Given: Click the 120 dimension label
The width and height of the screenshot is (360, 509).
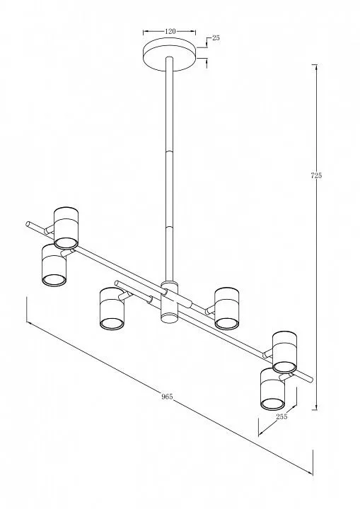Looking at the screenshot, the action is point(170,31).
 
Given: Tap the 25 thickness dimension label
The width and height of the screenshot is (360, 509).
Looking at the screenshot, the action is point(216,37).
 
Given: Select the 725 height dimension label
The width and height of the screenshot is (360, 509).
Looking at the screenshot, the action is point(316,175).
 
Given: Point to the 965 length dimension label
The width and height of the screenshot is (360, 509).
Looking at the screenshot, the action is point(167,397).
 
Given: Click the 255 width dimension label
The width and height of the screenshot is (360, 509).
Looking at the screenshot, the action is point(281,416).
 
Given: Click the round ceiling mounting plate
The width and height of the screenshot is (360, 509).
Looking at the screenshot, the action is point(170,54).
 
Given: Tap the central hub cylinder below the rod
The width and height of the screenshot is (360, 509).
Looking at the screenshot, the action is point(170,302).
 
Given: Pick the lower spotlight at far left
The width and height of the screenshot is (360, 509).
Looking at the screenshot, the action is point(54,265).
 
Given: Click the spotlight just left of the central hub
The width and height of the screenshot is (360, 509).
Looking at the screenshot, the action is point(112,309).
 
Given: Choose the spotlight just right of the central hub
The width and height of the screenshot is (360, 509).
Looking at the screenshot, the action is point(227,308).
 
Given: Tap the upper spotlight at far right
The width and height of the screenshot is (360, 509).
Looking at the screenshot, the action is point(284,352).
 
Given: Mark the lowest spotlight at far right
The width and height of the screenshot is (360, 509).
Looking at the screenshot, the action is point(272,389).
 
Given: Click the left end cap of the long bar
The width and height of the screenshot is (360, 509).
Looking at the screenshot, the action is point(28,224).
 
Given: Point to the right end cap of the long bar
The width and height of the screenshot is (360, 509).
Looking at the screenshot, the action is point(310,379).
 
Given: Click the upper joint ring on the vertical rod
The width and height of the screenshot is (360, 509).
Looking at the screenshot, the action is point(170,151).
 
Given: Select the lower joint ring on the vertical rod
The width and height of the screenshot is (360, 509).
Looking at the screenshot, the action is point(170,226).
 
